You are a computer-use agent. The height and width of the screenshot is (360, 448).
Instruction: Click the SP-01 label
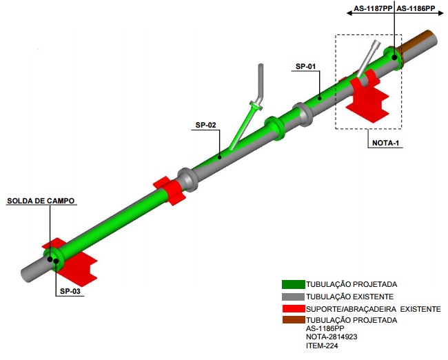305,67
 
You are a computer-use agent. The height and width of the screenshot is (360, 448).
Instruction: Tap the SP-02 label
205,125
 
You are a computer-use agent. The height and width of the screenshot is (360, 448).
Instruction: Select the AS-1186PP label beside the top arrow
416,8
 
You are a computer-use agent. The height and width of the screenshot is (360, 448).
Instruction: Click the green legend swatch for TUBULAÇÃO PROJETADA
292,283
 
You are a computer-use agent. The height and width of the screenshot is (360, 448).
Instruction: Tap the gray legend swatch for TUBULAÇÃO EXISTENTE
292,296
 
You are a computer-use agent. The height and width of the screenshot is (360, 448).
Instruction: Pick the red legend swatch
292,308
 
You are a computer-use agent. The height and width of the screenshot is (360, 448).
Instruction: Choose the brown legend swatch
292,320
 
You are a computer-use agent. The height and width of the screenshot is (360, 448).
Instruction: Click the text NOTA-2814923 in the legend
332,337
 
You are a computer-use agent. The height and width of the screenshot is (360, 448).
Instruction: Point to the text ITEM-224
321,346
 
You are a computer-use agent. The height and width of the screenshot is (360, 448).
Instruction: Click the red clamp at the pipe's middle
167,190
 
